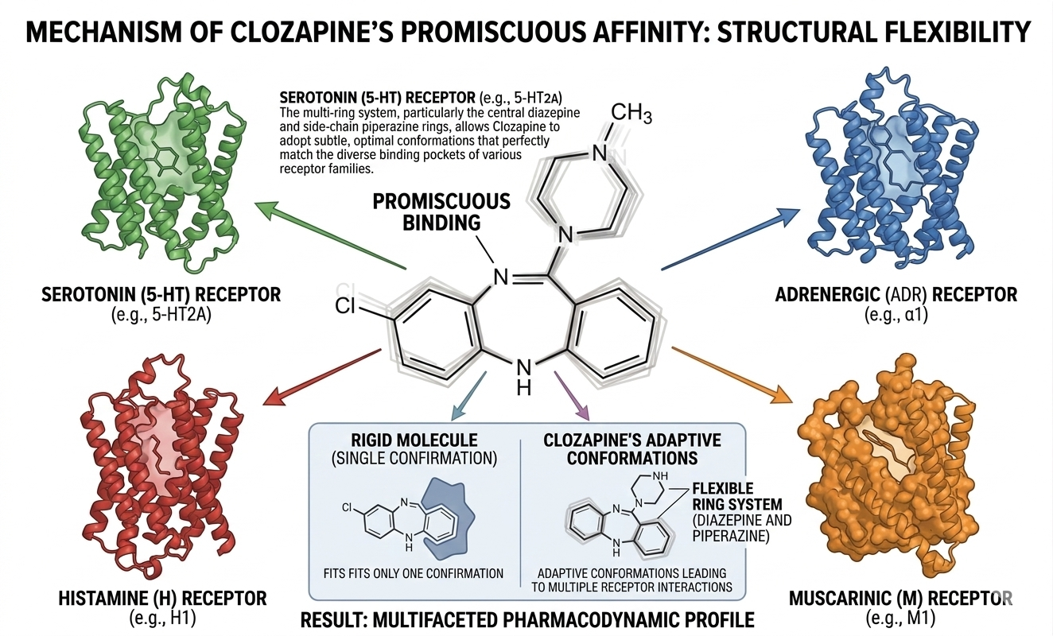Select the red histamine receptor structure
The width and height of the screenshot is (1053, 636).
pos(151,461)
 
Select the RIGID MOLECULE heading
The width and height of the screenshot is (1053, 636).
pos(414,440)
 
